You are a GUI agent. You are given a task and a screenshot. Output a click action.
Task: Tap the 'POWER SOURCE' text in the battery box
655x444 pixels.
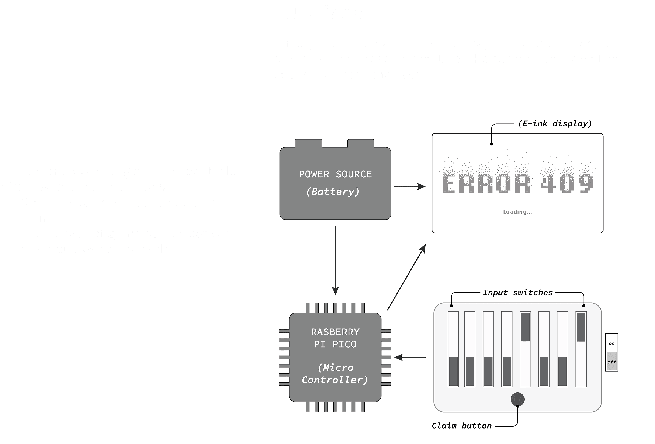point(335,174)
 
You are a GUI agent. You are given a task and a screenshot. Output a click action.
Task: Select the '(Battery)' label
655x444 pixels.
point(333,192)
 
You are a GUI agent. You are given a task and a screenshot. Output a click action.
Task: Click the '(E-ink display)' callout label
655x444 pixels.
point(555,123)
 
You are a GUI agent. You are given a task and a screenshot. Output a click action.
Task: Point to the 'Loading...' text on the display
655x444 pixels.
point(517,212)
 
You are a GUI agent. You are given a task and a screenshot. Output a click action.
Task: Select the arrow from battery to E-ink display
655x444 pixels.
point(410,187)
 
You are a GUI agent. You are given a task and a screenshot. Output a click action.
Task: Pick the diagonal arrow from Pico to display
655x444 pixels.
point(406,277)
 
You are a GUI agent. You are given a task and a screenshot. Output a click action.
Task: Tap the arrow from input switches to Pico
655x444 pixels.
point(410,357)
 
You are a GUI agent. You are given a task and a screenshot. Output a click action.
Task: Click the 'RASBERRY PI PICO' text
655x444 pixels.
point(335,338)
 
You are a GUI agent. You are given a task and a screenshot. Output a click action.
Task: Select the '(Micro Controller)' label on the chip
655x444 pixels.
point(335,374)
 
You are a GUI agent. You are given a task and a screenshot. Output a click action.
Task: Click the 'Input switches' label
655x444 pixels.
point(518,293)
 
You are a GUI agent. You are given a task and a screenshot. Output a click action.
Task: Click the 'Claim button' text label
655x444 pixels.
point(462,426)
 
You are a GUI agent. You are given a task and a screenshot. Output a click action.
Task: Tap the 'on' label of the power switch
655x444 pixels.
point(612,343)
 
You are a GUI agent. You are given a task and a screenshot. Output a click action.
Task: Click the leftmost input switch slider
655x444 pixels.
point(453,371)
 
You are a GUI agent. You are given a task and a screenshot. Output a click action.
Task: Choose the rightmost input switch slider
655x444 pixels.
point(581,327)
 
